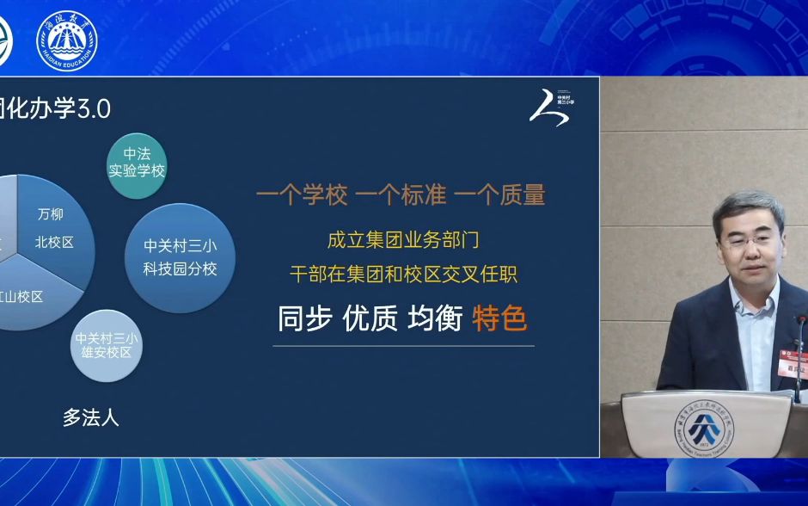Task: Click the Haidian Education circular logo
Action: pos(66,40)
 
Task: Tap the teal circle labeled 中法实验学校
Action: pos(137,162)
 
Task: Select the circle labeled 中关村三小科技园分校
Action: pos(180,257)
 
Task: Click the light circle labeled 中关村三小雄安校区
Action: pos(105,345)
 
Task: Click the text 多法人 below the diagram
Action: pos(90,418)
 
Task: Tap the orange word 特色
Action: pos(499,319)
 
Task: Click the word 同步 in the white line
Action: pos(304,319)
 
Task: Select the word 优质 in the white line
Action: pos(370,319)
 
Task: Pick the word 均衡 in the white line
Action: pos(434,319)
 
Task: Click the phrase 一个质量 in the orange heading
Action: pos(499,195)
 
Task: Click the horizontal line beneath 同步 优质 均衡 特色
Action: pos(403,346)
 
